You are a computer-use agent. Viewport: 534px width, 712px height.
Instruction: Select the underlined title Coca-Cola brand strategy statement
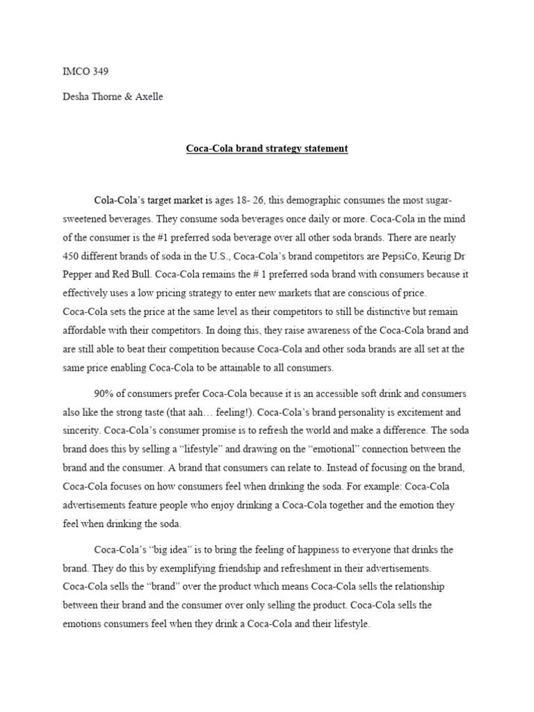click(267, 149)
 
